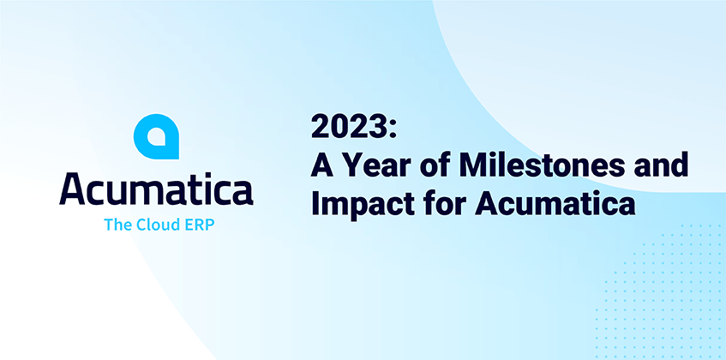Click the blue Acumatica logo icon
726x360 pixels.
pos(156,136)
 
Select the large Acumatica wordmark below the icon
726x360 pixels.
pos(156,190)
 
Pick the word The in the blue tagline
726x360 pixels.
pos(118,225)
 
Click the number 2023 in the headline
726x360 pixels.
pos(350,127)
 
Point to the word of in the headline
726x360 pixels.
pos(434,165)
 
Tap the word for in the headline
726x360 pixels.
pos(442,203)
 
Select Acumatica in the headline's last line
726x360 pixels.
pos(555,204)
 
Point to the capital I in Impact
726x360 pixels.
pos(315,204)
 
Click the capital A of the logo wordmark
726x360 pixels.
pos(72,190)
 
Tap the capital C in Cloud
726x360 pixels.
pos(141,225)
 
